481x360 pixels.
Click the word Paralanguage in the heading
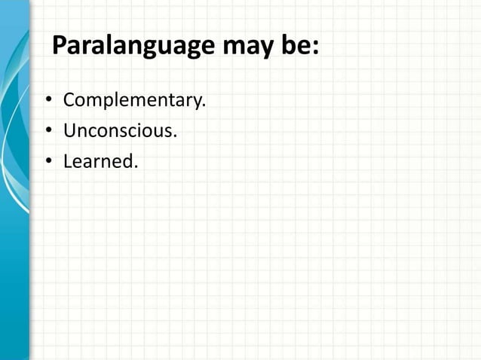133,47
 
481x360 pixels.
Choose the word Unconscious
119,132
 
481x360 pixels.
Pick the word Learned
100,162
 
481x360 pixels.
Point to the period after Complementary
204,106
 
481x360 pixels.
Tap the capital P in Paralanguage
60,46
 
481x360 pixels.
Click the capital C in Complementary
69,100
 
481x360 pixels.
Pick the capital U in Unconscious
69,132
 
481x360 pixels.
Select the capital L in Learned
68,162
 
